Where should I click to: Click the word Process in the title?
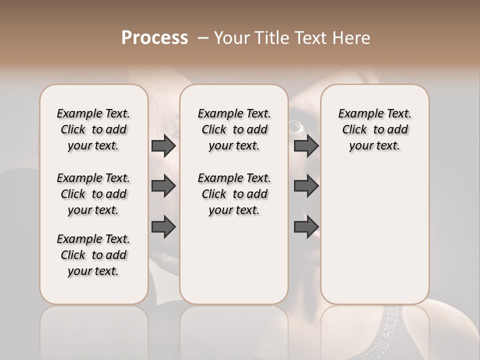point(154,38)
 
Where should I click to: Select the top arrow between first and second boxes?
point(163,146)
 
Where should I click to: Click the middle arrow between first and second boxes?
point(163,186)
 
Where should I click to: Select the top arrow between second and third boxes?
point(306,146)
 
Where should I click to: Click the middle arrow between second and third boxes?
point(306,186)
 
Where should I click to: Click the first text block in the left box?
point(93,129)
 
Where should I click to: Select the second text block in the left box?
point(93,194)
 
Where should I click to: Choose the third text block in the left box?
point(93,255)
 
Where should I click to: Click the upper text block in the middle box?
point(234,129)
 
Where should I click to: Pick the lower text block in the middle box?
point(234,194)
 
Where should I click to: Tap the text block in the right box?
point(374,129)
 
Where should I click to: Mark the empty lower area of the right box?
point(374,235)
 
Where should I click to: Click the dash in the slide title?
point(202,38)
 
